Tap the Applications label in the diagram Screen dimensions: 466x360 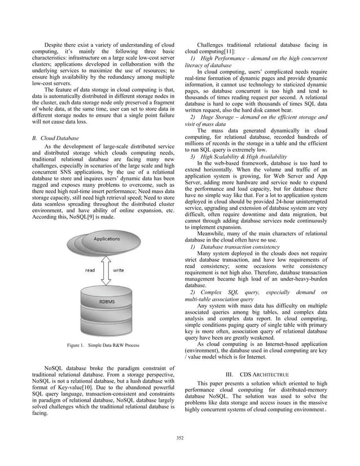pos(107,239)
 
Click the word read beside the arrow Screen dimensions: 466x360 pos(90,270)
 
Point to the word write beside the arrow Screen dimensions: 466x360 pos(118,270)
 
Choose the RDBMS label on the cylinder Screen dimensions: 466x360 pos(108,302)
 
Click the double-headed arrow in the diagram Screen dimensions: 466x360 pos(104,270)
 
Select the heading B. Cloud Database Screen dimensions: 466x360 pos(56,138)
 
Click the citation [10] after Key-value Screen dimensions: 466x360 pos(93,389)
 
